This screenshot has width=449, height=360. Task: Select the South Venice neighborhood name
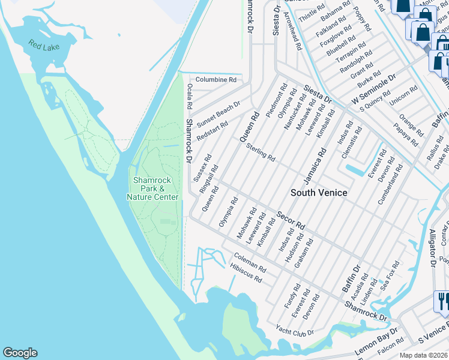[x=319, y=193]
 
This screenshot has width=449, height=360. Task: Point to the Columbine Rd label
[x=216, y=79]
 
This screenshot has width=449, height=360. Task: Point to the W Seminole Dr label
[x=375, y=88]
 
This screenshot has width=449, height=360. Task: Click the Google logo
[x=20, y=353]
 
